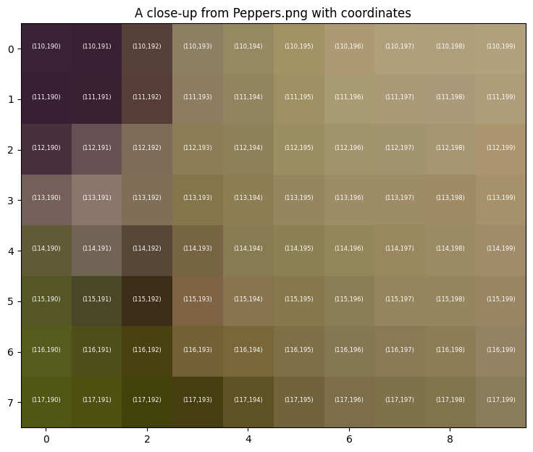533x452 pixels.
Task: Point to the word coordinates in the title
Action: pos(376,13)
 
